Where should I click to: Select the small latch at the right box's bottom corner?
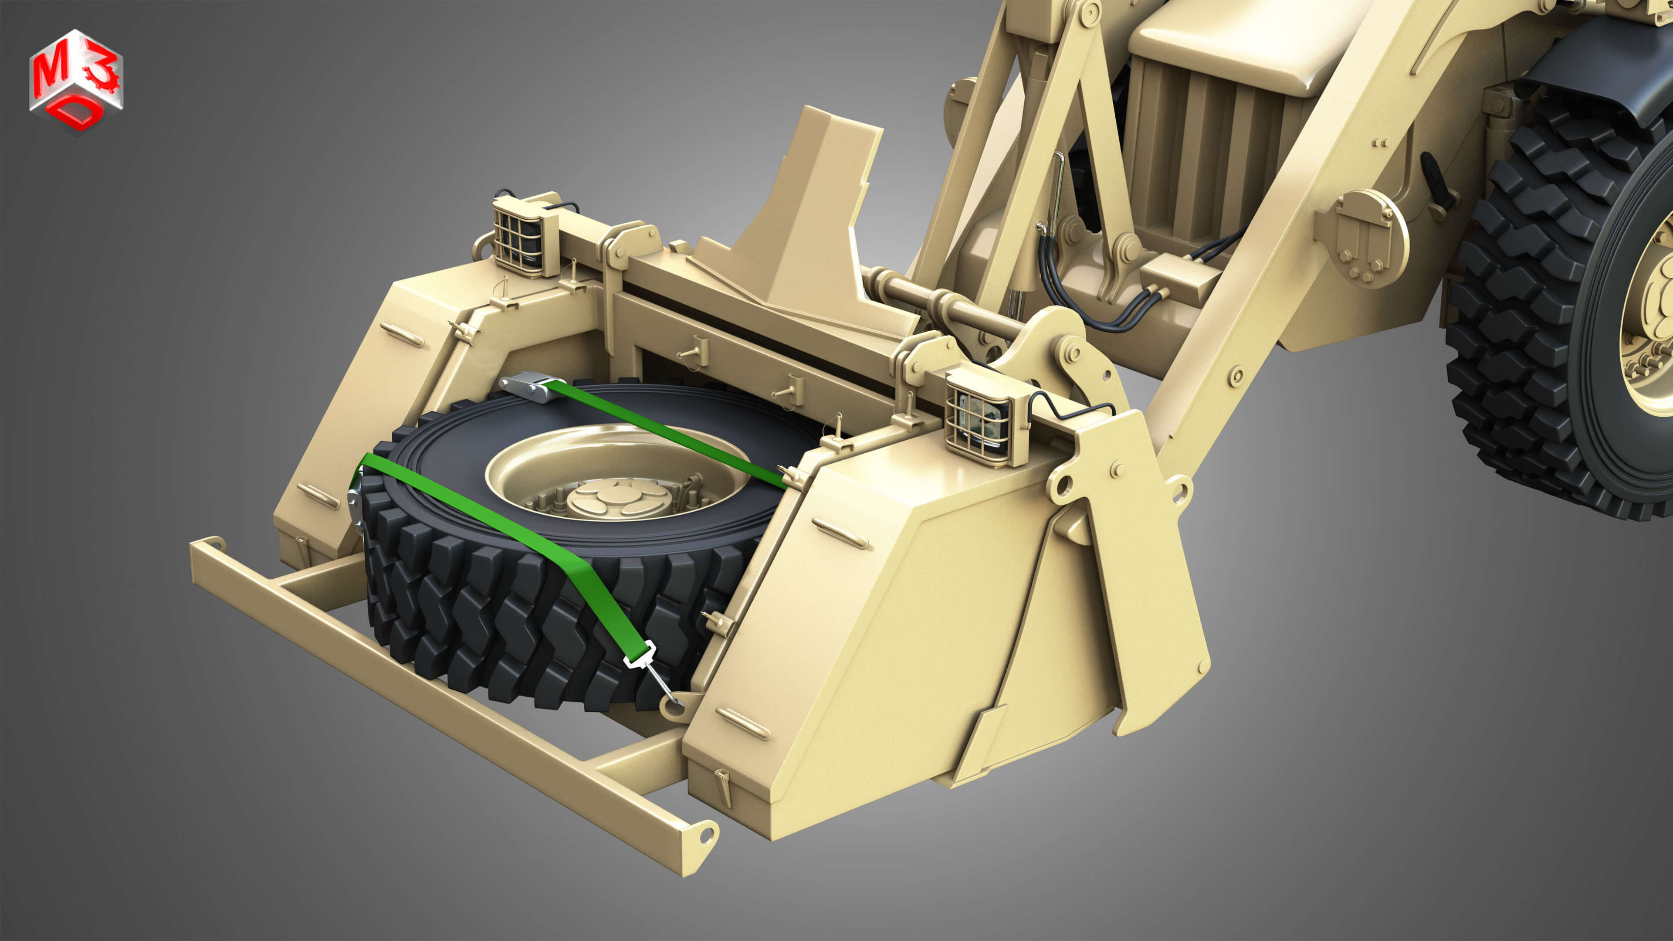click(x=723, y=783)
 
